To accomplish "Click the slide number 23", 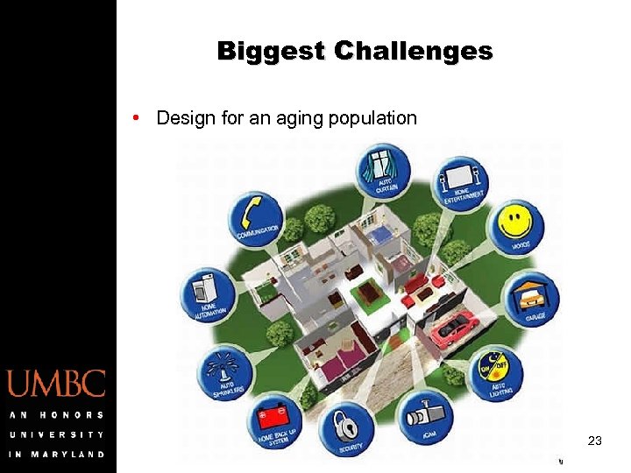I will (x=595, y=441).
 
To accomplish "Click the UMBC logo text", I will (x=57, y=384).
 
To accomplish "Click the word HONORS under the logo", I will (x=76, y=414).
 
